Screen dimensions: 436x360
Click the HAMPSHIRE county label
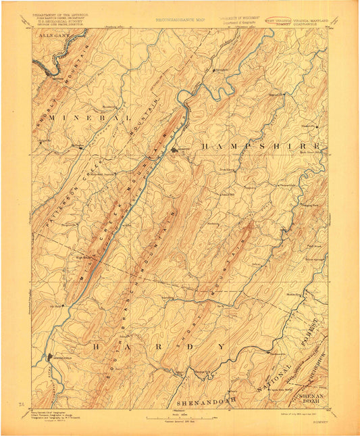[261, 145]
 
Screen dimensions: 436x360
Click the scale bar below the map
[179, 420]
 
